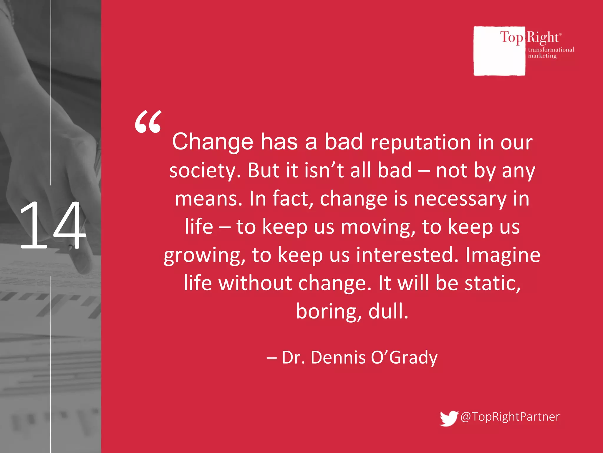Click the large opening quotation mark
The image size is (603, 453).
coord(148,122)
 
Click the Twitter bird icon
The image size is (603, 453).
coord(448,418)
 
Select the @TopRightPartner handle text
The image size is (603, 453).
coord(510,417)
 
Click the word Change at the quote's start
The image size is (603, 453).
coord(213,142)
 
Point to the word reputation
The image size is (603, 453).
coord(421,143)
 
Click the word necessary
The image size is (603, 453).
coord(460,199)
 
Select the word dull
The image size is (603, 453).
coord(388,311)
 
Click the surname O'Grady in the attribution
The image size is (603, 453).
coord(404,358)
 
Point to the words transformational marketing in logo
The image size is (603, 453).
coord(551,52)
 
